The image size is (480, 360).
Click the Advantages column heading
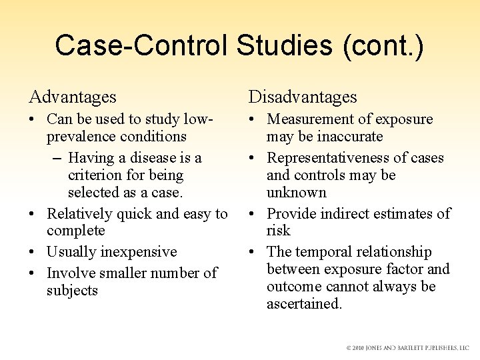click(x=73, y=97)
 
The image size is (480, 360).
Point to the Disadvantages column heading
click(x=303, y=97)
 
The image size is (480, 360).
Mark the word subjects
click(x=72, y=291)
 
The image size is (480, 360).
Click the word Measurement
click(x=312, y=119)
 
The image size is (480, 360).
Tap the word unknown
click(x=297, y=193)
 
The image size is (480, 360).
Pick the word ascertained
click(x=304, y=304)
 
